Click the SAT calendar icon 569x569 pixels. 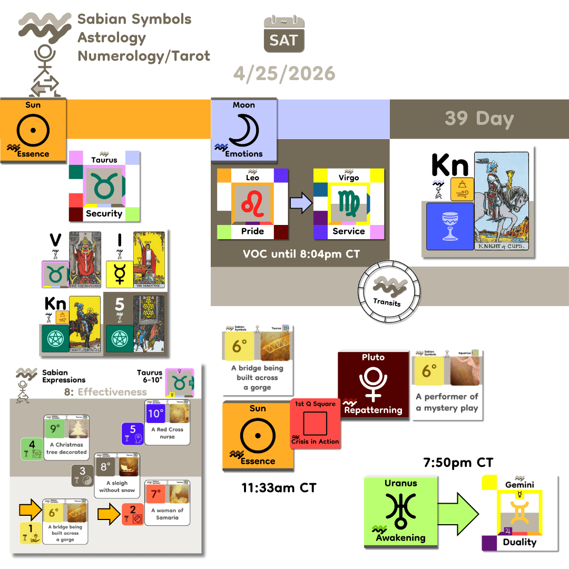pos(283,34)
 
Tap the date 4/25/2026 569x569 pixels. pos(284,73)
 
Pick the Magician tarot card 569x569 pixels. pos(149,259)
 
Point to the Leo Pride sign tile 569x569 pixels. pos(253,204)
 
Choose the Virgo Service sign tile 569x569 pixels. pos(349,204)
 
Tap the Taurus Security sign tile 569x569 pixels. pos(104,186)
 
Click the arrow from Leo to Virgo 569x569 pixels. pos(301,203)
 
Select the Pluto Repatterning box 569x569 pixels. pos(373,384)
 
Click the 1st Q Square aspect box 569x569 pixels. pos(315,424)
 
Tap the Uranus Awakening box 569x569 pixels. pos(400,511)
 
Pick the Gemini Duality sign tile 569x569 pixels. pos(520,513)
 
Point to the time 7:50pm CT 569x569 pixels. pos(458,463)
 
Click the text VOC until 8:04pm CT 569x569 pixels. pos(301,254)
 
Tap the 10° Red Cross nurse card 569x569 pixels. pos(167,423)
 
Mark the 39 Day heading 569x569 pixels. pos(479,119)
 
